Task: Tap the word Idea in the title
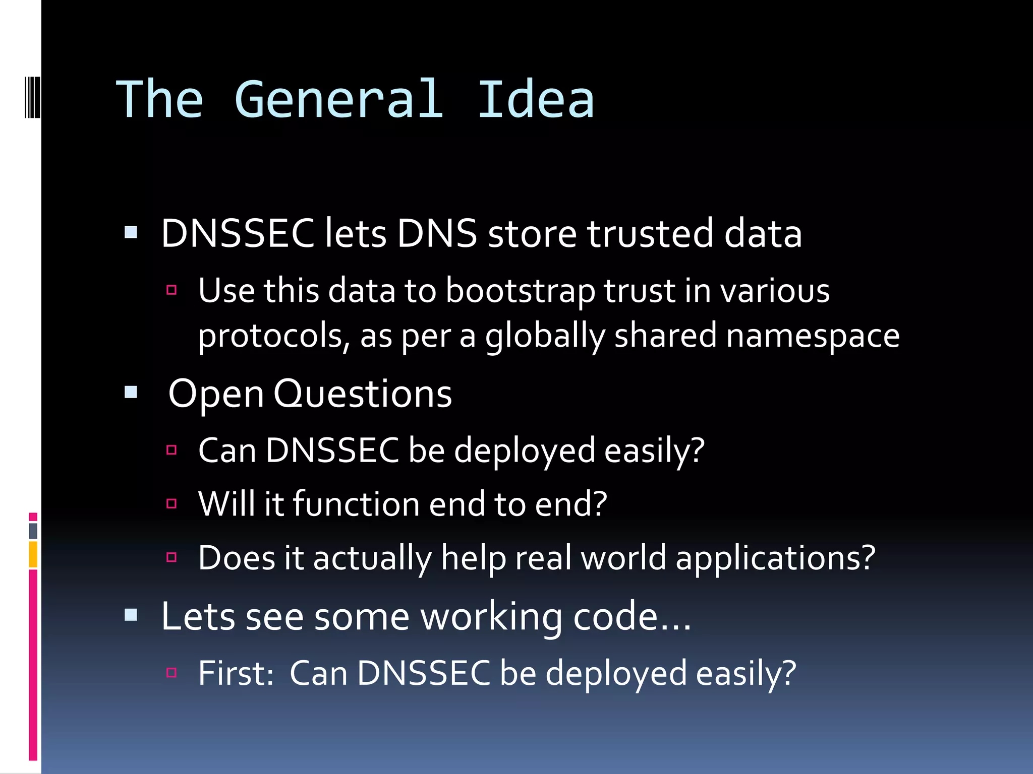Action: click(x=536, y=100)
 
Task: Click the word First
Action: click(x=235, y=673)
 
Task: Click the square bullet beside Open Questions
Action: click(x=131, y=392)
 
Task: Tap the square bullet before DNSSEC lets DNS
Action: click(x=131, y=232)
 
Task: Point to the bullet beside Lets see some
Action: click(x=131, y=615)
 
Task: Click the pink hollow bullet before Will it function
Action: click(x=171, y=503)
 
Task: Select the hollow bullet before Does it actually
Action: click(x=171, y=557)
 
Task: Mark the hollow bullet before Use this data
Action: click(x=171, y=290)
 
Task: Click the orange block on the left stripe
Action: click(x=33, y=554)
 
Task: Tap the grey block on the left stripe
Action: click(x=33, y=531)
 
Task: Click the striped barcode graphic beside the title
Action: click(x=32, y=97)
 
